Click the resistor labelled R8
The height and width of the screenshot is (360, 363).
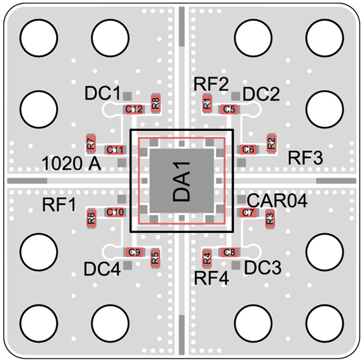pos(155,104)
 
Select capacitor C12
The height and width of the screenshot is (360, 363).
pos(134,109)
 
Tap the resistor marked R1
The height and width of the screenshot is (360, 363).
pos(207,104)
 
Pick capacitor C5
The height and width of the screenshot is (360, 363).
pos(229,109)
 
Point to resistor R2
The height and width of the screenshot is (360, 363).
pos(272,143)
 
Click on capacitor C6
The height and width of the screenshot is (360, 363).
pos(248,150)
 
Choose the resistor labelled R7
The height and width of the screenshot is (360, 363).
pos(91,144)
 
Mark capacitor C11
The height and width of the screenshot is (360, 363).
pos(115,150)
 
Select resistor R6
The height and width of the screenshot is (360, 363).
pos(91,218)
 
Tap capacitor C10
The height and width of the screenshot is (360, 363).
pos(115,212)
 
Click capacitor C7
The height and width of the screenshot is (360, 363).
pos(248,212)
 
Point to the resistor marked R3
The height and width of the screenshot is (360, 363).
pos(270,218)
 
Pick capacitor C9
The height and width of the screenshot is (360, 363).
pos(134,252)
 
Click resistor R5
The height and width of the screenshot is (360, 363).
pos(155,258)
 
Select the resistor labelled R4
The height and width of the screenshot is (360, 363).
pos(207,258)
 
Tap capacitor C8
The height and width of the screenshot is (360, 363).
pos(229,252)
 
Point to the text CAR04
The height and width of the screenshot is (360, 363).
pos(277,200)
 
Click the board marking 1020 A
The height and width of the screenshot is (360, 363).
pos(71,164)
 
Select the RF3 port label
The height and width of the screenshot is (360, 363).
pos(306,158)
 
